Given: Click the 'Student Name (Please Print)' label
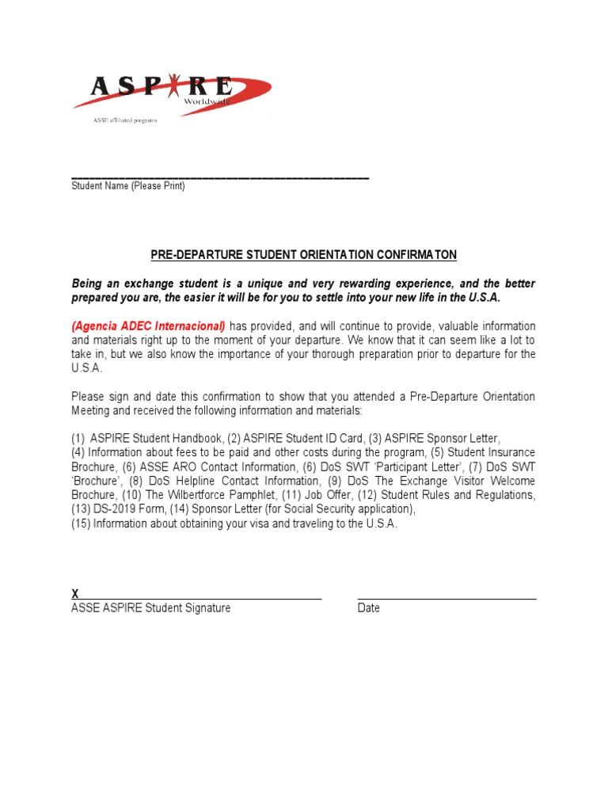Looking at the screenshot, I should [128, 186].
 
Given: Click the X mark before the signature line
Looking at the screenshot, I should [75, 594].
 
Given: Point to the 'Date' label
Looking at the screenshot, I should [369, 608].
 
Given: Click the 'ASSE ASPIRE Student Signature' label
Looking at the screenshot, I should [151, 608].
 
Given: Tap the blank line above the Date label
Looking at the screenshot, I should [446, 600].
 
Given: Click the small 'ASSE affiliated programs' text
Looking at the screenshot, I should [125, 120].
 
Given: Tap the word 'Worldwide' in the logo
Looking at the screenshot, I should [207, 102].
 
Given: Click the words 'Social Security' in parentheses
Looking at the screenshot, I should [318, 509].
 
